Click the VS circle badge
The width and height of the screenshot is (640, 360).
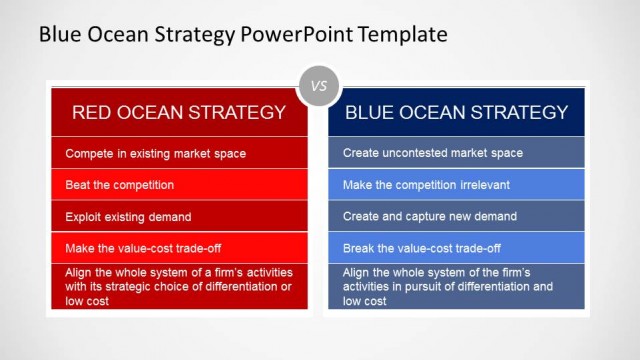tap(319, 86)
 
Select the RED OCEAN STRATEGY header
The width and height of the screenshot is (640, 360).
tap(179, 112)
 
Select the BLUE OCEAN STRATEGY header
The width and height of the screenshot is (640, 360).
tap(457, 112)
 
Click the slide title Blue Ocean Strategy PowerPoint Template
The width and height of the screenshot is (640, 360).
tap(242, 34)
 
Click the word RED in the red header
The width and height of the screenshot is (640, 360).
tap(91, 112)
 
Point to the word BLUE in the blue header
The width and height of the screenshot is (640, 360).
tap(371, 112)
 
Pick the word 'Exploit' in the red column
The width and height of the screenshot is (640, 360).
tap(83, 216)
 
